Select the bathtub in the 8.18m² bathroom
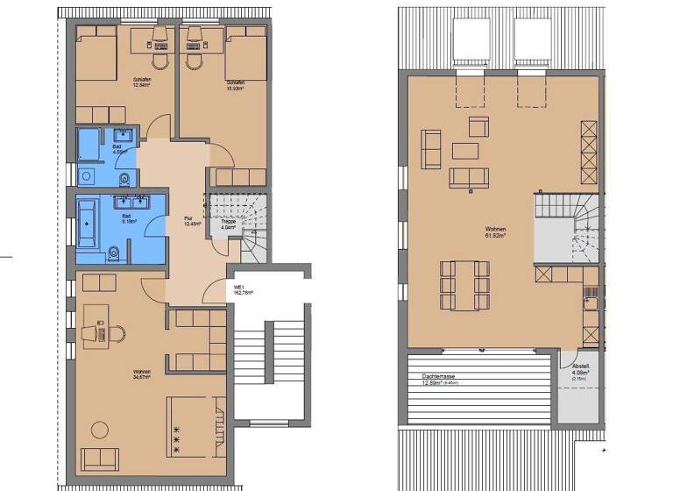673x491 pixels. pos(91,223)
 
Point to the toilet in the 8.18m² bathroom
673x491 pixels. pos(114,253)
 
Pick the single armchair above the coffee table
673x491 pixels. pos(478,125)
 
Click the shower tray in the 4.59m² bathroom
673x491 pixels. pos(89,145)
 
